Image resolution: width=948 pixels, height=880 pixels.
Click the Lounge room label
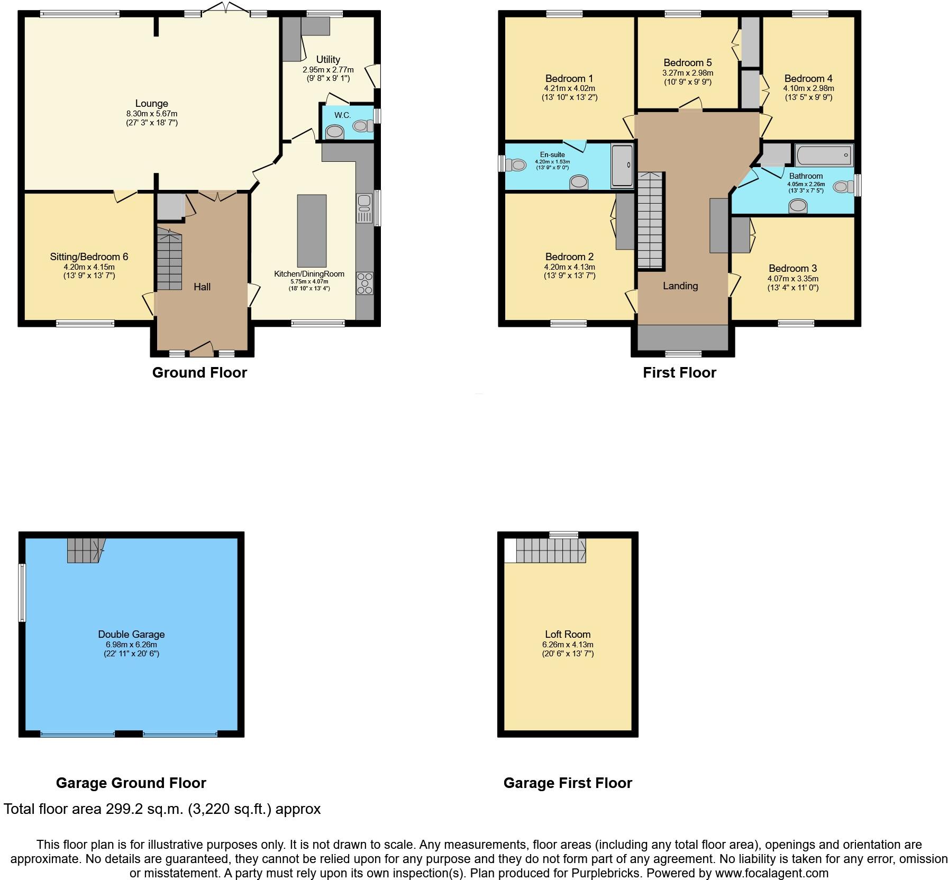(x=151, y=104)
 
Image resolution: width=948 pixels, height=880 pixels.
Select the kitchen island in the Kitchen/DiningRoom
(x=312, y=231)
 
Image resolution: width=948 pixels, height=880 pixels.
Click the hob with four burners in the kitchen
(x=365, y=283)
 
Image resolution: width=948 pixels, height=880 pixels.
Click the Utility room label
(x=328, y=60)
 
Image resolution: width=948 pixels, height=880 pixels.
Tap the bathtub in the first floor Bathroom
(x=824, y=155)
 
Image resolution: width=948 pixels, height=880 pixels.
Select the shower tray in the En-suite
(x=622, y=166)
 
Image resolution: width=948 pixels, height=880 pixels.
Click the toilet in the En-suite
(x=516, y=165)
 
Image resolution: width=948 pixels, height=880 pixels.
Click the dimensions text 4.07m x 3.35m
(x=792, y=279)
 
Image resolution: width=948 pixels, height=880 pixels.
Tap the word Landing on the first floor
(x=680, y=286)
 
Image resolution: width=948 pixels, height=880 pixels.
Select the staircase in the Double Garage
(x=85, y=551)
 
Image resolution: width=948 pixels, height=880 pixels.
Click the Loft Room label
(x=568, y=634)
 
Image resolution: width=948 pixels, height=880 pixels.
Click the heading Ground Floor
(x=199, y=373)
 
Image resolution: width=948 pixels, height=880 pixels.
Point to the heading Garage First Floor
(x=568, y=783)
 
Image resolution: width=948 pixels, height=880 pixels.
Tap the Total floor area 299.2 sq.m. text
(x=162, y=809)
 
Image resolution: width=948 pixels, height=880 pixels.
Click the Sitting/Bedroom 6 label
(x=89, y=257)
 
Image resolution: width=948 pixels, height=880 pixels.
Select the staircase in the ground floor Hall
(x=169, y=259)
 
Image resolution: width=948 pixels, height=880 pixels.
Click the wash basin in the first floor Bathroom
(x=798, y=206)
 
